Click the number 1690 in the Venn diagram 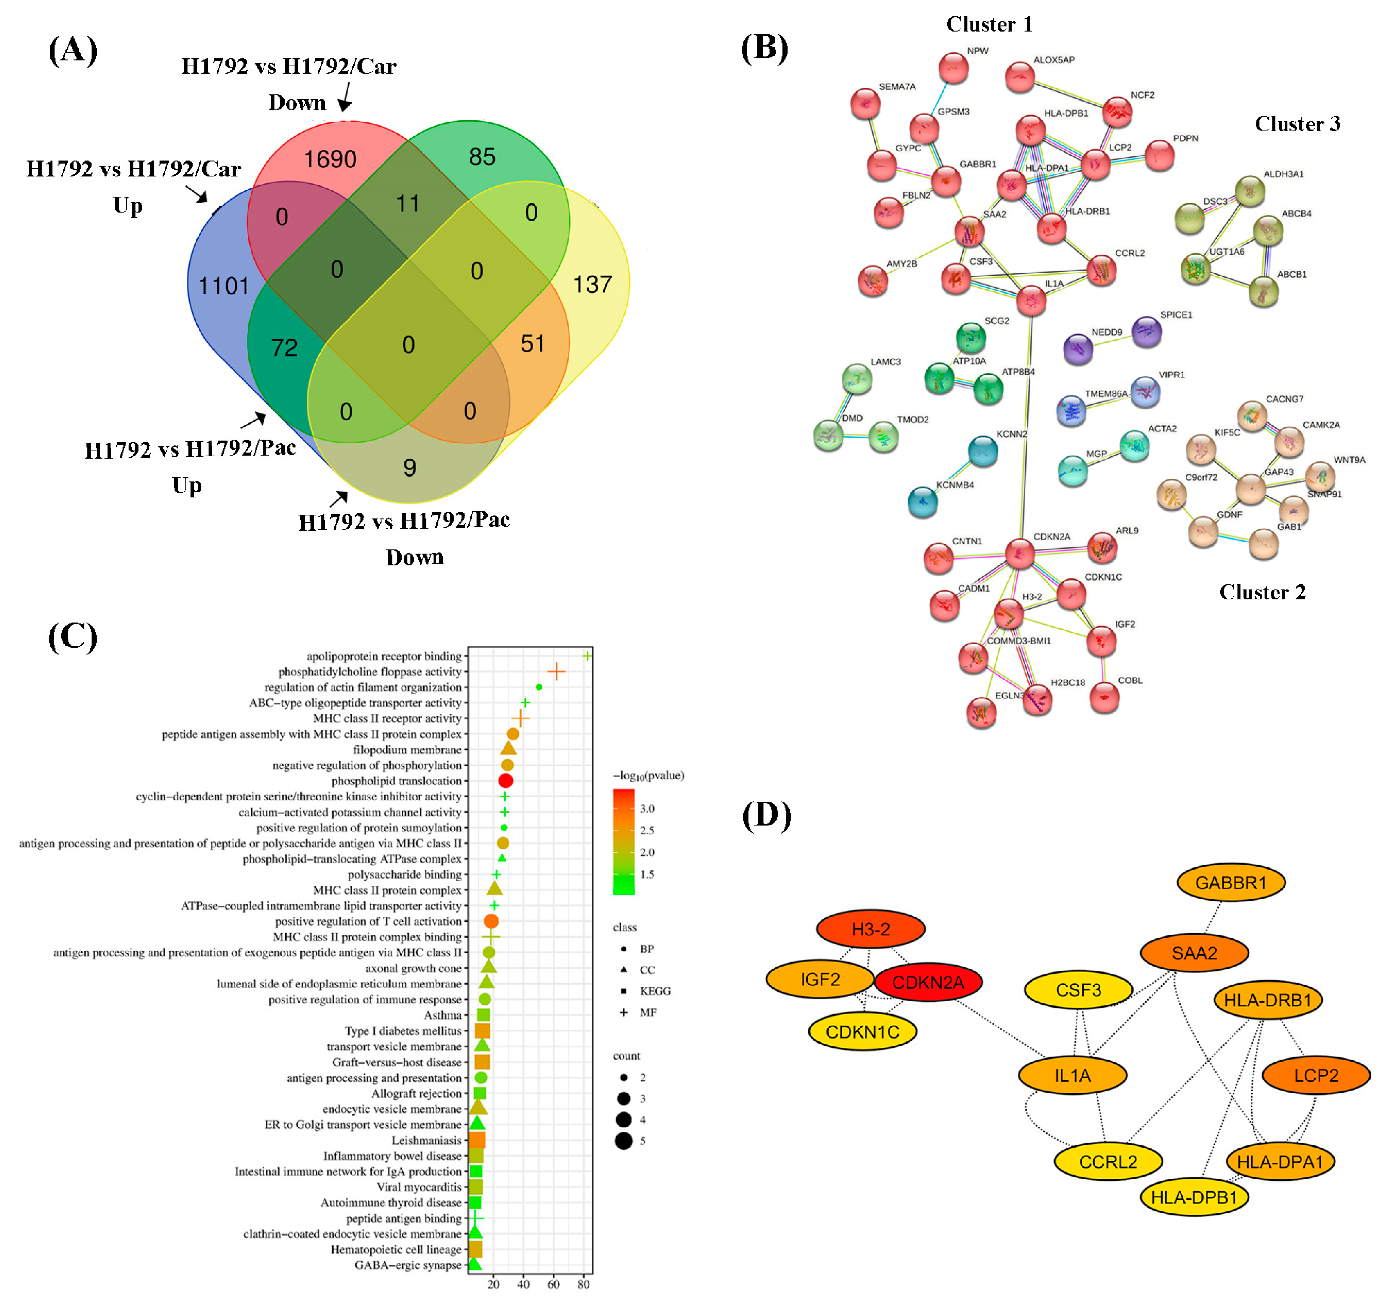[330, 160]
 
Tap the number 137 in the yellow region [592, 285]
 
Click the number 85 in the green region [482, 157]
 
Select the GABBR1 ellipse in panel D [1230, 883]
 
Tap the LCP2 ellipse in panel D [1315, 1075]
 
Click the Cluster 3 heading [1297, 124]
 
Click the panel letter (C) [72, 637]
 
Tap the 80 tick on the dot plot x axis [584, 1284]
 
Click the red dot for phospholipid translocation [506, 781]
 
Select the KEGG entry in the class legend [654, 991]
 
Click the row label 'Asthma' [443, 1015]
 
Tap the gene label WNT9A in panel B [1348, 460]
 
